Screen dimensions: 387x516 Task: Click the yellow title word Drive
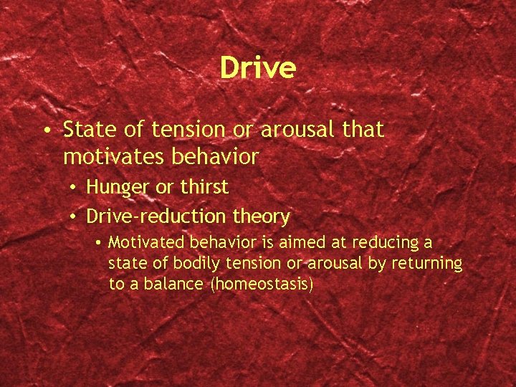click(257, 68)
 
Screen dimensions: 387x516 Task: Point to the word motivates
click(110, 156)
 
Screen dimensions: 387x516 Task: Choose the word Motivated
click(141, 243)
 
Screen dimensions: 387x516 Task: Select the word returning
click(427, 263)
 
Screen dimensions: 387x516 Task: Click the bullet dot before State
click(45, 131)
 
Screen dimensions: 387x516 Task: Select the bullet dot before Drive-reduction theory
click(75, 217)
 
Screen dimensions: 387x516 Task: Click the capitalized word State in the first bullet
click(87, 130)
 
